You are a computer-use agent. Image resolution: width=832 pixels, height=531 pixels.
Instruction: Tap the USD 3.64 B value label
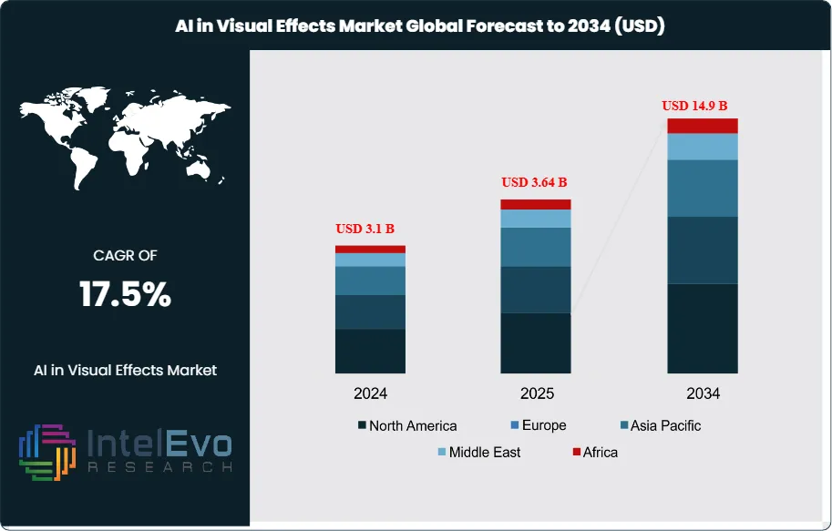point(536,182)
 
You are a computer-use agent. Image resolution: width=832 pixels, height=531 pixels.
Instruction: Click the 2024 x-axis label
point(370,393)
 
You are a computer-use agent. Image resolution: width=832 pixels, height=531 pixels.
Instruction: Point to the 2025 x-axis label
point(536,393)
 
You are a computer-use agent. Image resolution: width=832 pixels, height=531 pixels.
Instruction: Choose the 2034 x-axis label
point(703,393)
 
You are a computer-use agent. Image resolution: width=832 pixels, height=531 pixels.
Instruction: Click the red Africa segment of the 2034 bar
point(703,126)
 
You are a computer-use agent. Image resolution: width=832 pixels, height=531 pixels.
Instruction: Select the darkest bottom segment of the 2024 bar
point(370,351)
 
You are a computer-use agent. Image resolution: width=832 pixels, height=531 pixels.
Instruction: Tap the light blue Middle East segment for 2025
point(536,219)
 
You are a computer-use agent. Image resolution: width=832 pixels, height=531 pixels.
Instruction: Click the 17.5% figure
point(125,295)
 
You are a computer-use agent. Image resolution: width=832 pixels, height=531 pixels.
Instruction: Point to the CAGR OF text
point(125,256)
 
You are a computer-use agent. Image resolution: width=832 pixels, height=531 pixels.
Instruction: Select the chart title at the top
point(420,26)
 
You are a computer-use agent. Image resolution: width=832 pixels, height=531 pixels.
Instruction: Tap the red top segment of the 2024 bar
point(370,249)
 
